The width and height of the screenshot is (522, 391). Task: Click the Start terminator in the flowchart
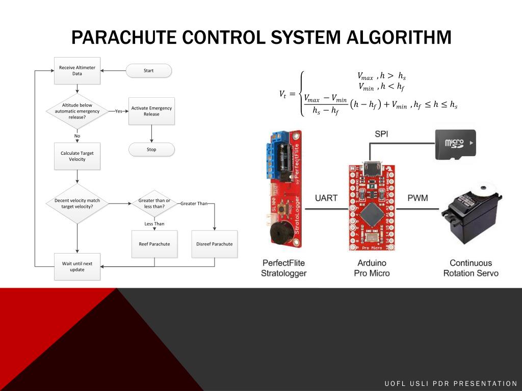click(149, 71)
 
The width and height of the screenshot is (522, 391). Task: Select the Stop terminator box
click(151, 150)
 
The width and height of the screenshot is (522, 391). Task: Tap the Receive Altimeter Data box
click(77, 71)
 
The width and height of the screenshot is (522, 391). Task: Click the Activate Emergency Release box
click(151, 111)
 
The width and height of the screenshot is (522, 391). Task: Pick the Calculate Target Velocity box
click(77, 156)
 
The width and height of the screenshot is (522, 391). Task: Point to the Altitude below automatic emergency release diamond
click(77, 111)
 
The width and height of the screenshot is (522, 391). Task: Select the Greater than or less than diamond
click(154, 204)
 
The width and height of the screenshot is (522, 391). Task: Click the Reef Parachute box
click(154, 244)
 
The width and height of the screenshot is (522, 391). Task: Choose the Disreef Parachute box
click(214, 244)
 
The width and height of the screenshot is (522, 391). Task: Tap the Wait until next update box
click(77, 267)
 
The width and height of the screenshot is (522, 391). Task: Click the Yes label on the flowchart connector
click(118, 111)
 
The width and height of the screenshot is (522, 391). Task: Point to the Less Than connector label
click(154, 224)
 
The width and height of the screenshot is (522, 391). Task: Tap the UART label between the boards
click(326, 198)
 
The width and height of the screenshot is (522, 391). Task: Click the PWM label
click(417, 198)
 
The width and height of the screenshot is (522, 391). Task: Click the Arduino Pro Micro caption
click(372, 268)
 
